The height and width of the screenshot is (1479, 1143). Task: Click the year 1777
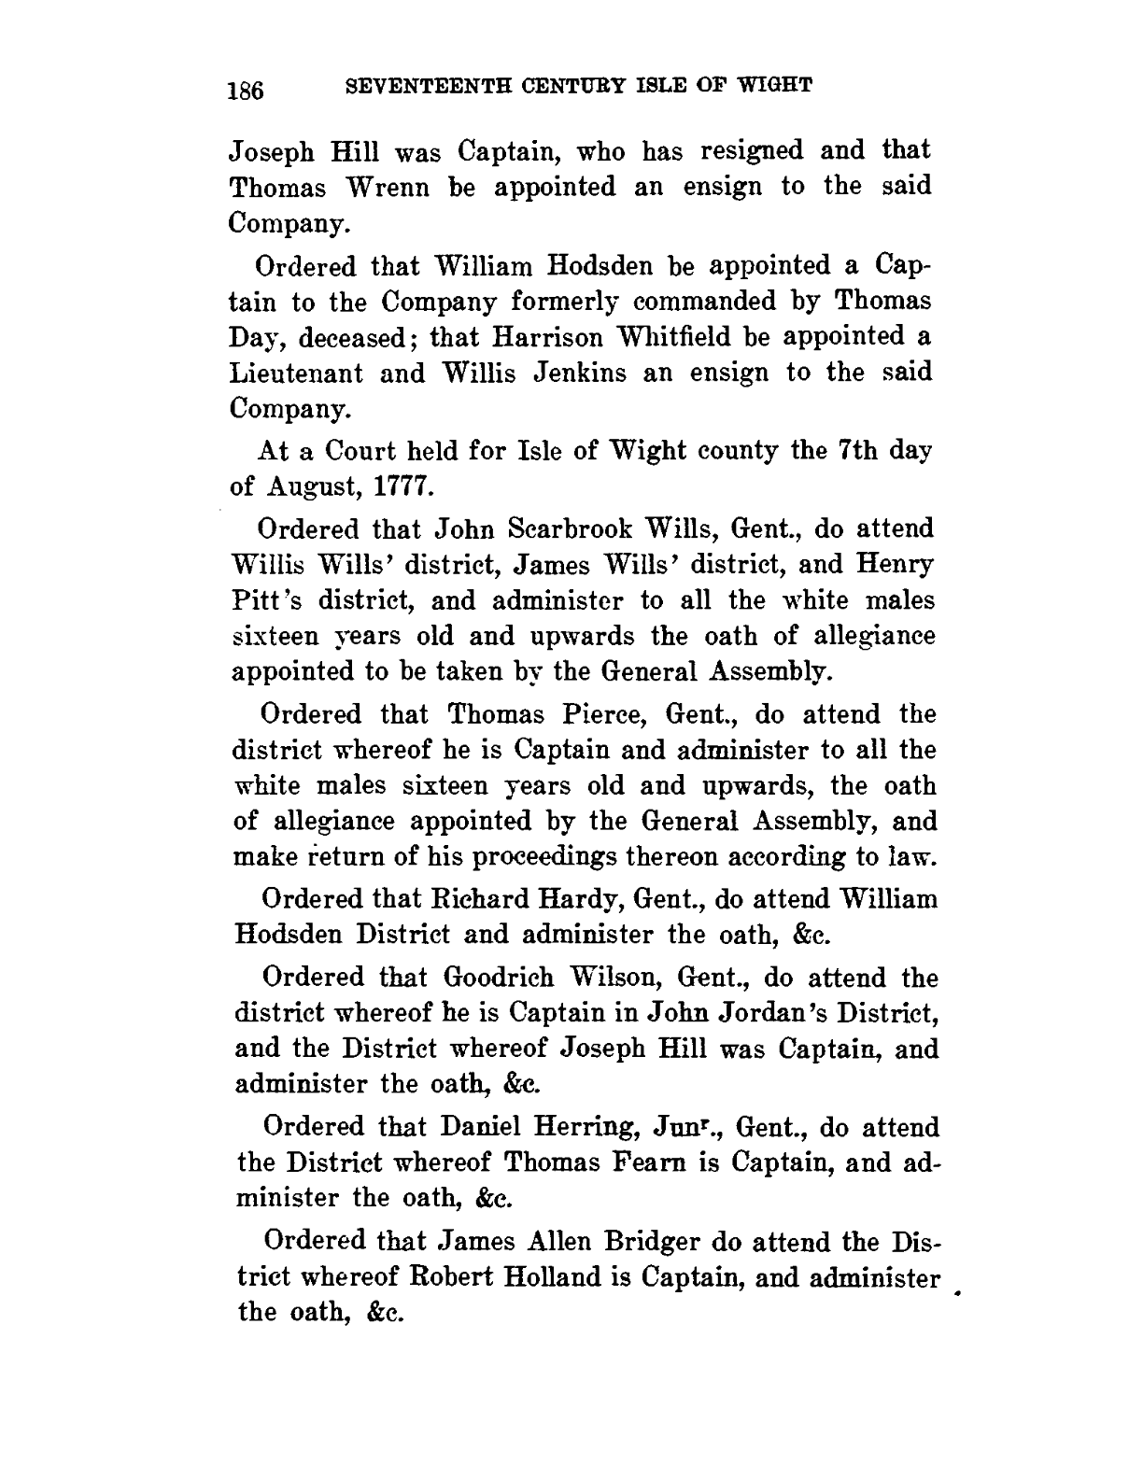click(x=400, y=486)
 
